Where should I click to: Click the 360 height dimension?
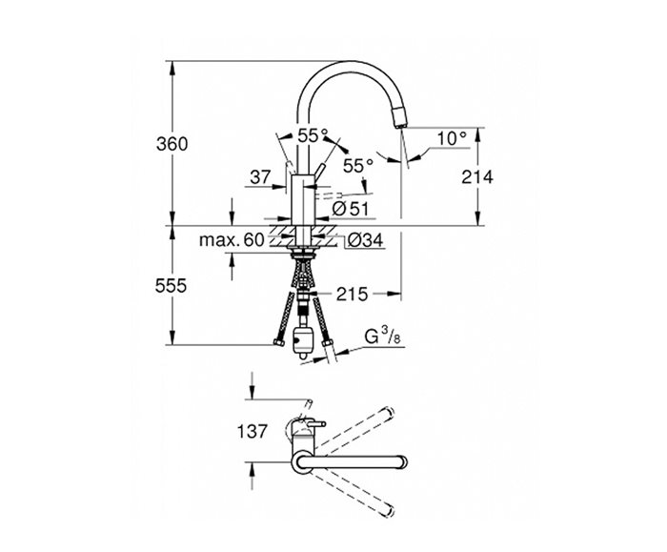172,144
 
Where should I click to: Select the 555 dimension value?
171,286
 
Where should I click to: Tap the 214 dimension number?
477,177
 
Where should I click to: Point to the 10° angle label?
452,138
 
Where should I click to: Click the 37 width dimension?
260,177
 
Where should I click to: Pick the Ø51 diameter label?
351,209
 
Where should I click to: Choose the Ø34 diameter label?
365,241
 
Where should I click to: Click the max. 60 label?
232,240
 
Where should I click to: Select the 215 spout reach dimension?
352,294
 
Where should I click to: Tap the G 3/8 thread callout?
382,337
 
